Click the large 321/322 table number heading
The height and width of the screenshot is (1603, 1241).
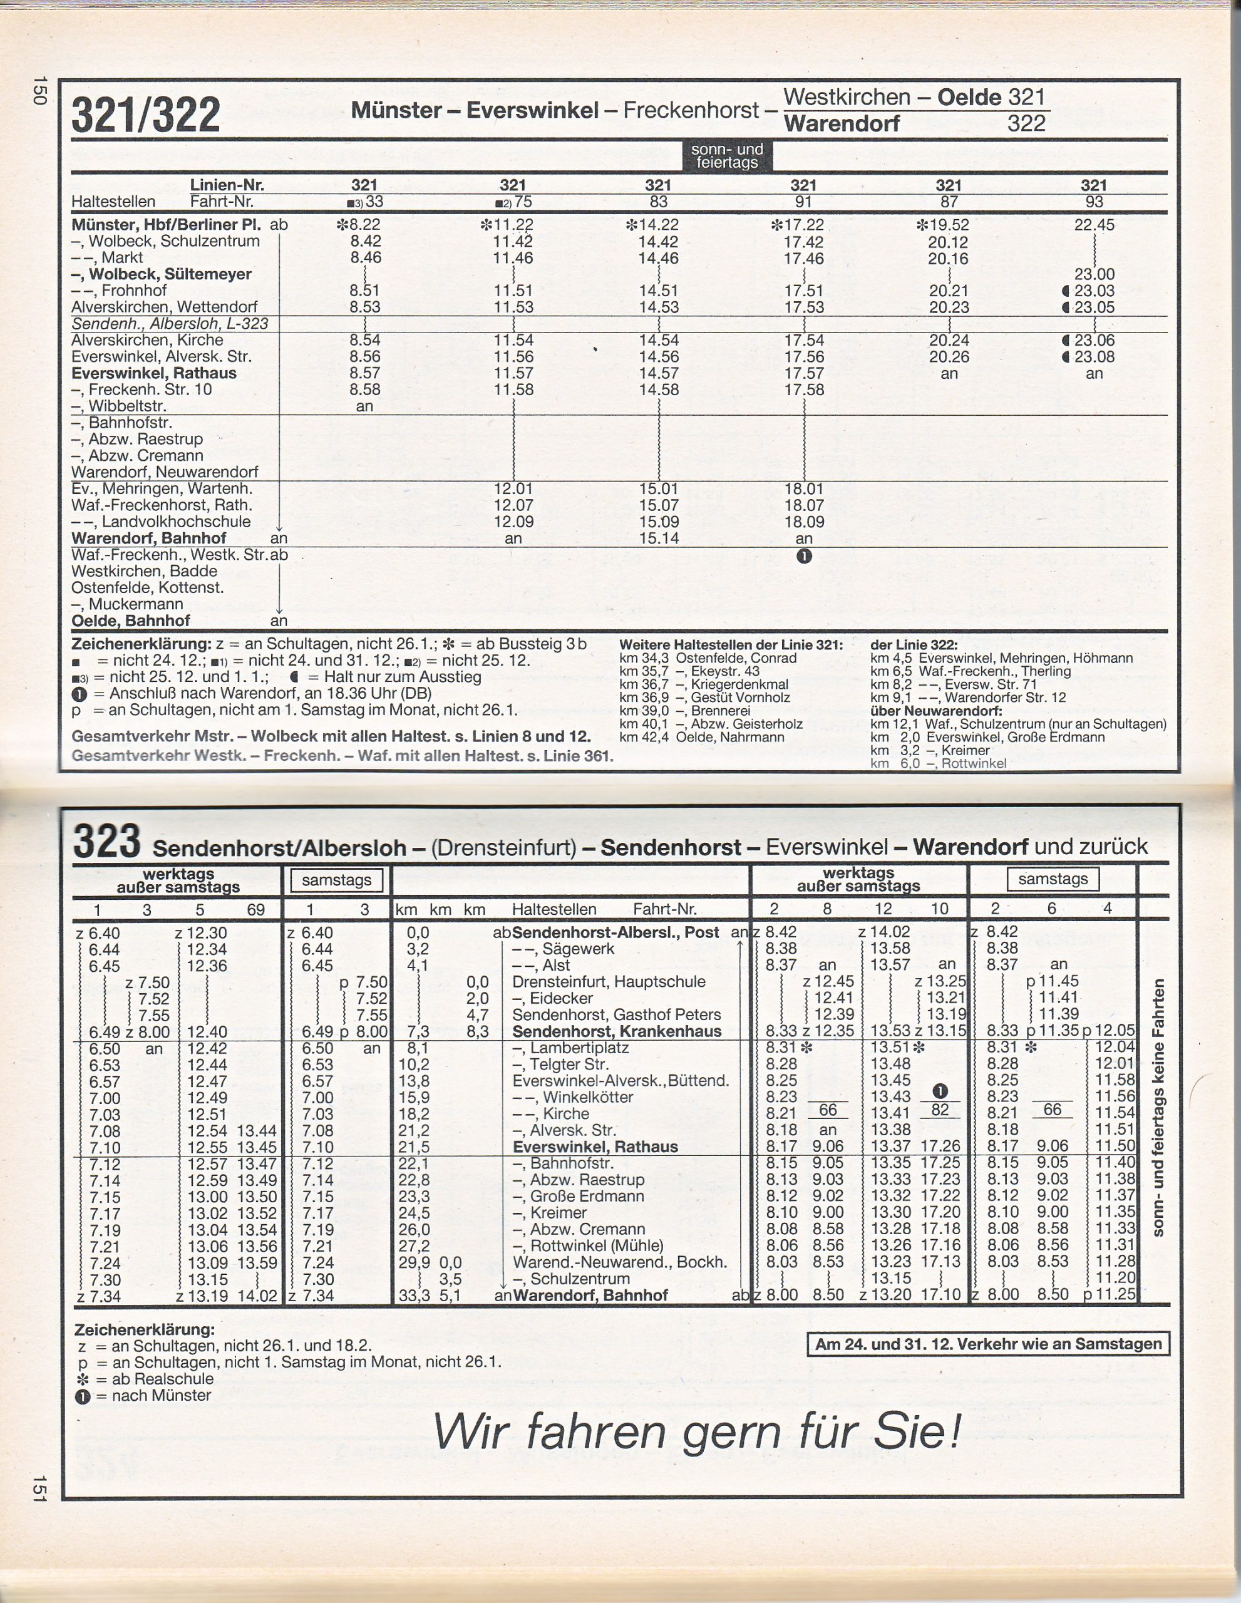coord(146,115)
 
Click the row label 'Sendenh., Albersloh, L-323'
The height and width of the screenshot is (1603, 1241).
coord(170,324)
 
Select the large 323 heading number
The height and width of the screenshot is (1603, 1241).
coord(107,842)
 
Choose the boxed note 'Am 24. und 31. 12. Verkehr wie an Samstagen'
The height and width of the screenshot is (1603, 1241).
coord(988,1344)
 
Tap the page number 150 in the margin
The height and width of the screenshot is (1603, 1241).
coord(39,90)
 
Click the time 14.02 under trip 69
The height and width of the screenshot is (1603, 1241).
coord(256,1296)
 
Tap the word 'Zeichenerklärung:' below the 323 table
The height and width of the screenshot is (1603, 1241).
coord(145,1329)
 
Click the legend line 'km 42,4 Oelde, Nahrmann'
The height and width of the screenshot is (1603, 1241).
coord(702,737)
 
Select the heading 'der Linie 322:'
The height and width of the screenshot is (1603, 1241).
coord(914,644)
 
